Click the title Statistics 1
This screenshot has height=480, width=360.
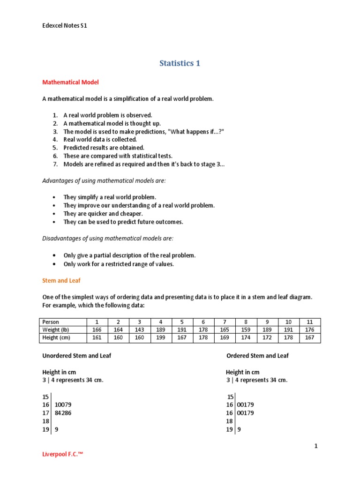[x=180, y=63]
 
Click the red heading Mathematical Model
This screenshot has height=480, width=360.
[x=70, y=82]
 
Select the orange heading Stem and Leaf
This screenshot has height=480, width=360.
[x=61, y=281]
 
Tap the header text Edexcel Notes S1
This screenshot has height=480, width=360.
[x=65, y=26]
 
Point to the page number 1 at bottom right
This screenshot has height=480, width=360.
[x=316, y=446]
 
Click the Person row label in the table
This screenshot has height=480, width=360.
[x=51, y=322]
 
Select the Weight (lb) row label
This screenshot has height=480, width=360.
[x=57, y=330]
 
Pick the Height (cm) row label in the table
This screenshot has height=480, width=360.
[x=58, y=337]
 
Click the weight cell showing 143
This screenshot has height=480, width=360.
[x=139, y=330]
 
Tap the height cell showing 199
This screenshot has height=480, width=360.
[x=161, y=337]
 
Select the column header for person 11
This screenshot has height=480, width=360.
[x=310, y=322]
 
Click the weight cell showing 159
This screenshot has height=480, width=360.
[x=246, y=330]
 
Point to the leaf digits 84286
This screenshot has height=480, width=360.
[x=63, y=413]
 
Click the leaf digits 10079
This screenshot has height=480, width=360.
[x=63, y=405]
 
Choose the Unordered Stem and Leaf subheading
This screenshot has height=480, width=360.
[x=77, y=356]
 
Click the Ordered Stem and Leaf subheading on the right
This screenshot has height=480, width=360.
[x=257, y=356]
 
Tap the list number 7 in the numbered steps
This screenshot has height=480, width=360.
[x=55, y=164]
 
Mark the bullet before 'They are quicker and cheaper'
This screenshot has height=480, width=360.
[x=55, y=214]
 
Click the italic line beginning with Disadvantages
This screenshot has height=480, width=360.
[x=108, y=239]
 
